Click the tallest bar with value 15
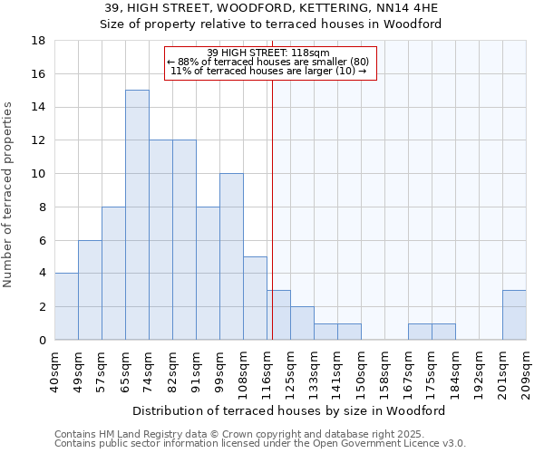pos(137,215)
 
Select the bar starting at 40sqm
pos(66,306)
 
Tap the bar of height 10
pos(231,256)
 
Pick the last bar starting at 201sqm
pos(514,314)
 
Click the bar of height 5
pos(255,298)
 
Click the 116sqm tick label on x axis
pos(267,371)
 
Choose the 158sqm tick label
pos(384,371)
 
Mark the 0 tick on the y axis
pos(42,340)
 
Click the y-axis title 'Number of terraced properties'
pos(10,194)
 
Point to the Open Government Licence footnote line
pos(260,443)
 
